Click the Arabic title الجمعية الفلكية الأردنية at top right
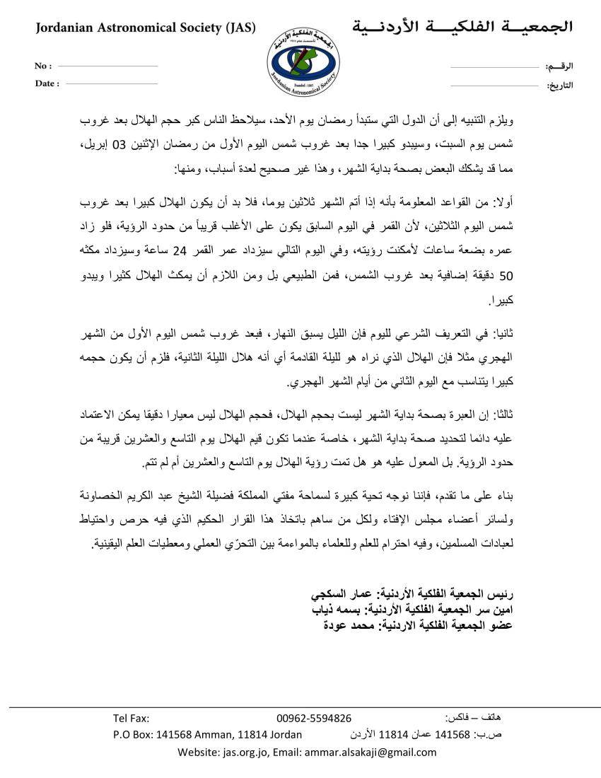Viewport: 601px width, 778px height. pyautogui.click(x=462, y=28)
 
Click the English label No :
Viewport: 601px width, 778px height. pyautogui.click(x=43, y=66)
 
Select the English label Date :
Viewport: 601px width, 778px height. pyautogui.click(x=47, y=83)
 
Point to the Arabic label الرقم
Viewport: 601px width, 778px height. pyautogui.click(x=559, y=66)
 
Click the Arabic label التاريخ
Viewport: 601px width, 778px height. pyautogui.click(x=559, y=86)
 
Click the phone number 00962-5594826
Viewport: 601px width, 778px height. pyautogui.click(x=314, y=718)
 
